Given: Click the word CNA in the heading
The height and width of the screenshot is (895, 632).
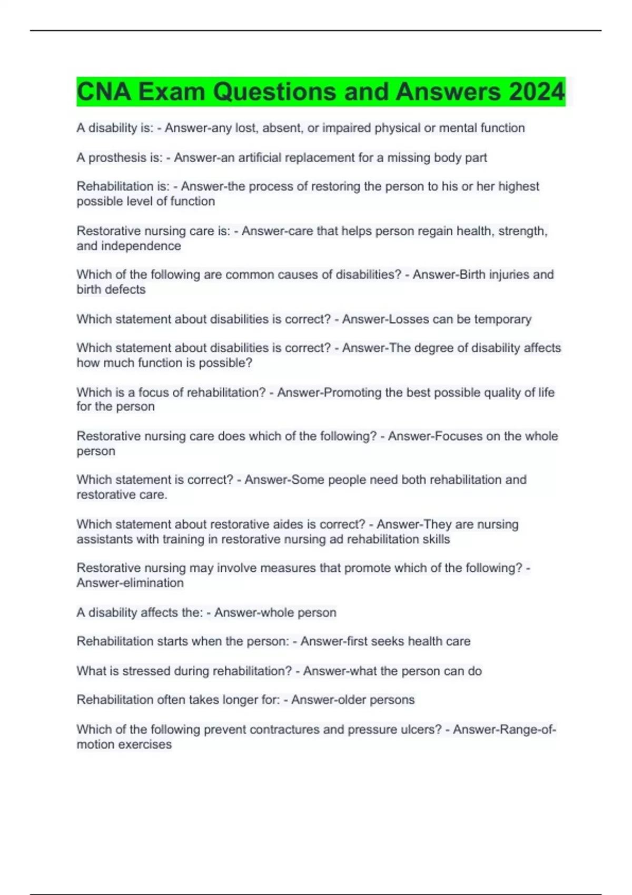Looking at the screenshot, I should pyautogui.click(x=104, y=92).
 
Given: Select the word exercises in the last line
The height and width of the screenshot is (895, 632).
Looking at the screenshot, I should pyautogui.click(x=147, y=744).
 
